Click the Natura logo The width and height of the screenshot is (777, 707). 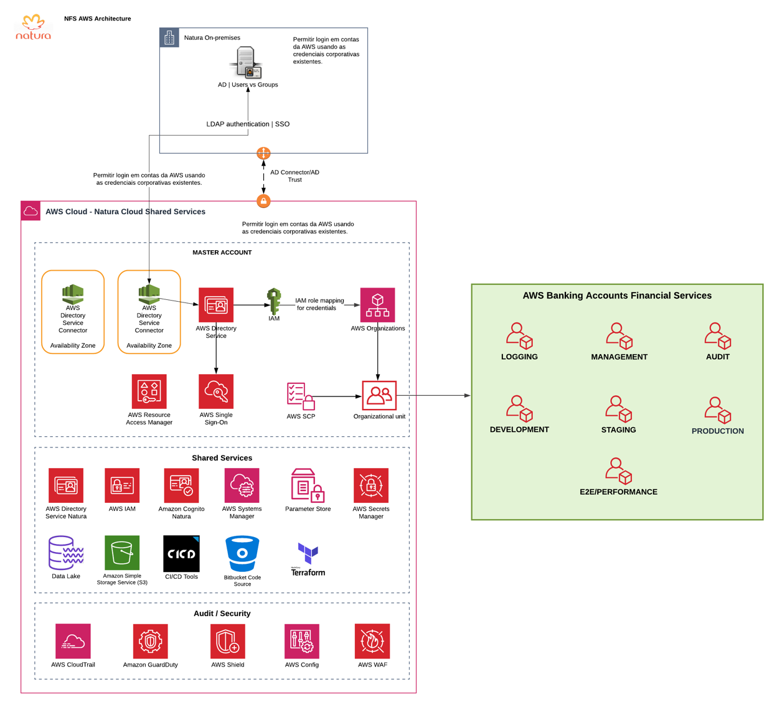34,27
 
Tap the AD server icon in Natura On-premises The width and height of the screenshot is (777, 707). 245,62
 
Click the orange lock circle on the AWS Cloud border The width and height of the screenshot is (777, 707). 263,201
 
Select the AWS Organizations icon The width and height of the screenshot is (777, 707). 377,305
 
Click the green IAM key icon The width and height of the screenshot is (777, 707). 274,301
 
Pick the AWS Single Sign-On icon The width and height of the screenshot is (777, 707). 216,391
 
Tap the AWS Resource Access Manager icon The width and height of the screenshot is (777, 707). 149,391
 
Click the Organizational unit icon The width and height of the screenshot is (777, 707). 379,395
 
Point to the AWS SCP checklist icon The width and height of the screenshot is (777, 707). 301,396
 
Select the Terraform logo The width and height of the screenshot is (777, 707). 308,559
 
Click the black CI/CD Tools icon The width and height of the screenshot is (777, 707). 181,553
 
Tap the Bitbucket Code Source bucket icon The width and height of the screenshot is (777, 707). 242,553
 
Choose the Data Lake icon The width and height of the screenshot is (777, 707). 66,553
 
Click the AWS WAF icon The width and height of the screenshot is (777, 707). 372,641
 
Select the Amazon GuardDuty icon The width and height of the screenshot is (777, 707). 150,641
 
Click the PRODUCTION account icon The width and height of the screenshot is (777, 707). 717,410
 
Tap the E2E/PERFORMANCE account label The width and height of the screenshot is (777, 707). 618,492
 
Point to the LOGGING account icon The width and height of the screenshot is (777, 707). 519,335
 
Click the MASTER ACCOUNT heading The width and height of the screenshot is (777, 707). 222,253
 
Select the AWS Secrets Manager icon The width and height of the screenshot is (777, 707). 370,485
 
